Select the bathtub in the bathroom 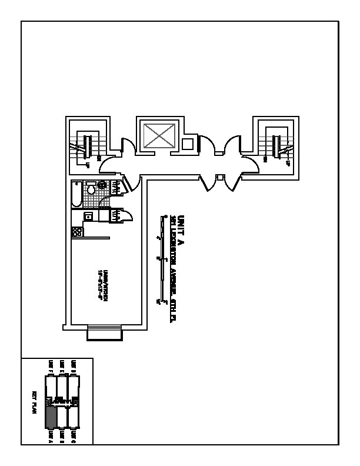(76, 195)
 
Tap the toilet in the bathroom (91, 190)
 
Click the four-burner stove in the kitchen (76, 232)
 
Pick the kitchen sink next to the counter (88, 217)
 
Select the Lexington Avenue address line (174, 259)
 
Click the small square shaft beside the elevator (187, 144)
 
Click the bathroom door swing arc (105, 201)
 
